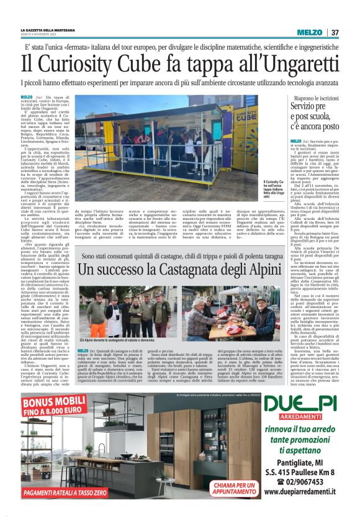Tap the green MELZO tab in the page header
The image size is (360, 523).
coord(309,32)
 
